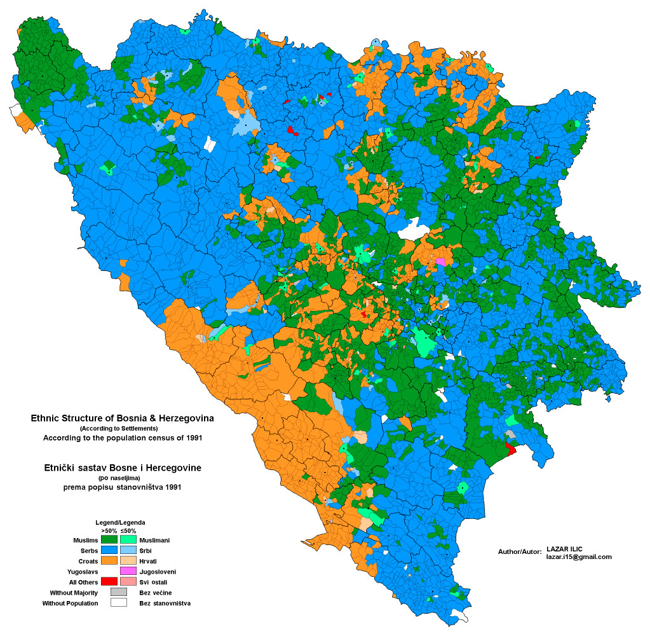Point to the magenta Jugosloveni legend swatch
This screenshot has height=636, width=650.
[128, 571]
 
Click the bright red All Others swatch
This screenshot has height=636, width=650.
[109, 581]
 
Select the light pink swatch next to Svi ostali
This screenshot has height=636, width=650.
[128, 581]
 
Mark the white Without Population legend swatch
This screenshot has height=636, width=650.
[119, 602]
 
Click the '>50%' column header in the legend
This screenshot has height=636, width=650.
[109, 530]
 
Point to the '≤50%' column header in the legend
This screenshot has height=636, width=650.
[128, 530]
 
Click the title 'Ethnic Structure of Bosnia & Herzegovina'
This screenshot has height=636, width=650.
[123, 418]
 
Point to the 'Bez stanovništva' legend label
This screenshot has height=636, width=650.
[165, 603]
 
